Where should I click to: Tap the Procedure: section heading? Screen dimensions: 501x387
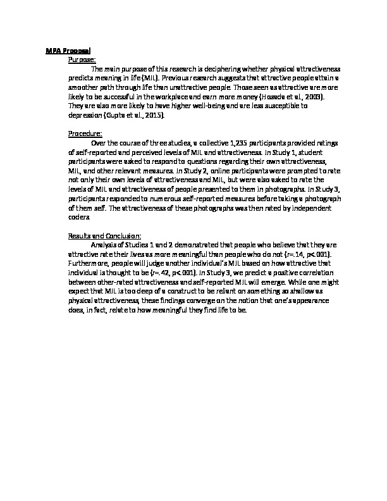(85, 133)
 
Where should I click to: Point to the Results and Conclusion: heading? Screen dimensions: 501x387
(104, 235)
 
